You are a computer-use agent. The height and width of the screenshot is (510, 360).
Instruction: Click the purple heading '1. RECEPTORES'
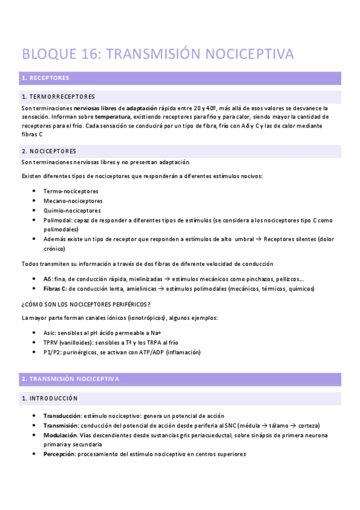[45, 78]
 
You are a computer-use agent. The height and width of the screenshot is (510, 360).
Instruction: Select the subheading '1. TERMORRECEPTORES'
[58, 97]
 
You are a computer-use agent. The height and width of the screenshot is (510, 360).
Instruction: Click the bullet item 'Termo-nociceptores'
[71, 191]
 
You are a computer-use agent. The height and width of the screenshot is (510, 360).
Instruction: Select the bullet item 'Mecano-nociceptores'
[73, 201]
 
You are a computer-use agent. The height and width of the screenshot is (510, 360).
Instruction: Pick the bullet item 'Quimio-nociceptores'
[72, 210]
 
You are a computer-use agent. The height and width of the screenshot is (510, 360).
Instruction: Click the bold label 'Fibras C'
[55, 289]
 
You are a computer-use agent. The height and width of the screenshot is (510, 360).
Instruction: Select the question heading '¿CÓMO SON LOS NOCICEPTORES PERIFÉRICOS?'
[86, 304]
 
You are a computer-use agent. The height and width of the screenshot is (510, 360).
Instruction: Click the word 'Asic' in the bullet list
[50, 333]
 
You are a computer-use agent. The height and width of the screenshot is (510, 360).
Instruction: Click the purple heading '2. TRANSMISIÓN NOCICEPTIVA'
[70, 379]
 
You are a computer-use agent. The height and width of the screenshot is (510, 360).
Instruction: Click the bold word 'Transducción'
[62, 416]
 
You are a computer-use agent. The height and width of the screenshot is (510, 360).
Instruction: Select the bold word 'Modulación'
[60, 435]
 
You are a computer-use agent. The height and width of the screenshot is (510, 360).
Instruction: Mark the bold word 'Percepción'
[59, 454]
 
